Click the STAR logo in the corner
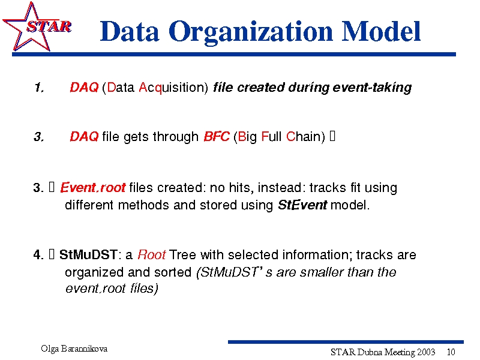point(37,26)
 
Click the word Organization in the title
point(250,32)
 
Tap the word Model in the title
point(381,31)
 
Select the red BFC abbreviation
point(217,136)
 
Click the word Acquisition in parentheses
point(173,88)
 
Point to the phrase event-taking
point(372,88)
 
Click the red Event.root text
point(93,187)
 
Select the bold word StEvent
point(302,205)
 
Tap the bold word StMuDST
point(88,254)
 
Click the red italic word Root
point(152,254)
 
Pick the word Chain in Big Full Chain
point(305,137)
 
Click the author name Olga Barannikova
point(74,349)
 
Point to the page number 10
point(451,352)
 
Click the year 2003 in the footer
point(426,352)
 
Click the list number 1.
point(39,88)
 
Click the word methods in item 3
point(143,205)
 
